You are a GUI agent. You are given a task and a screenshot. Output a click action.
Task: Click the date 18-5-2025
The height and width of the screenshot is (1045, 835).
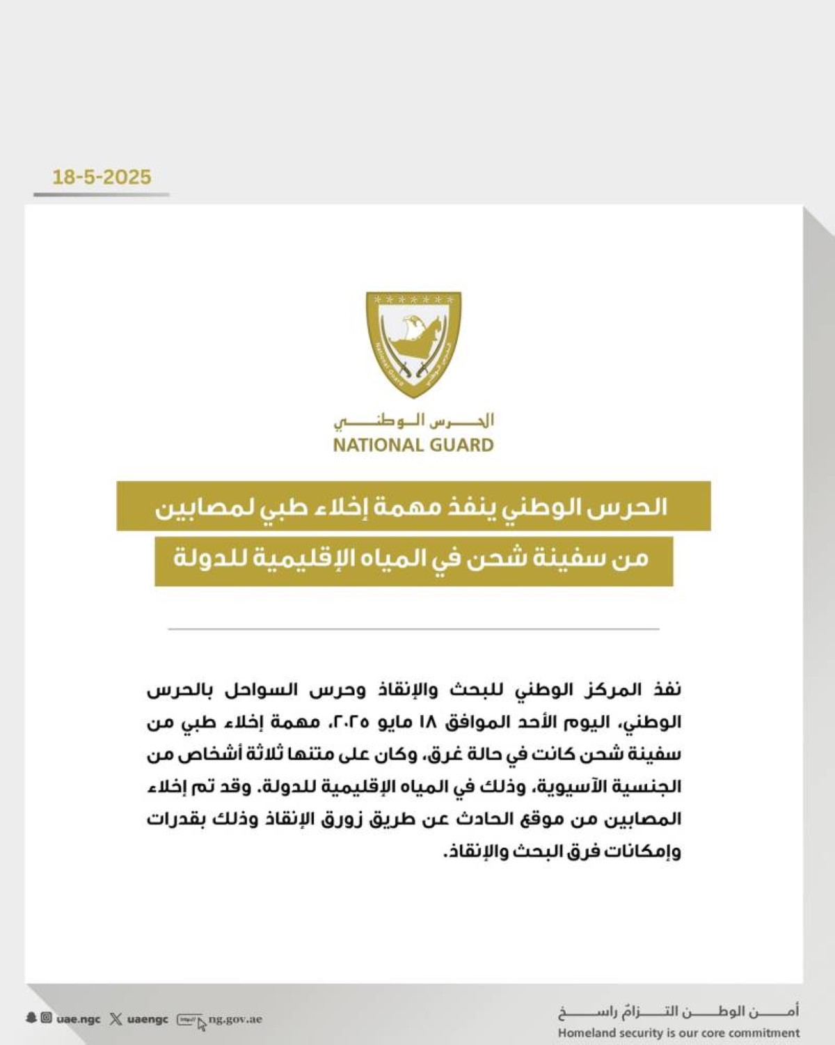point(102,177)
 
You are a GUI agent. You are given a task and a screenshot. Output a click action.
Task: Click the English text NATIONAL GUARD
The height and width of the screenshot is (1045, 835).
point(413,445)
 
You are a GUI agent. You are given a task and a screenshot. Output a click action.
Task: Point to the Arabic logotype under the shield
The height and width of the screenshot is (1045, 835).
point(413,421)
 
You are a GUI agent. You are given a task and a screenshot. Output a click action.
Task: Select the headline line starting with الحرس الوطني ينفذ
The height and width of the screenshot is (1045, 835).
point(413,506)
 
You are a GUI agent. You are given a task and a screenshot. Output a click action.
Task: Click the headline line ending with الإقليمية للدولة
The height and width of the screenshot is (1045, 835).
point(413,559)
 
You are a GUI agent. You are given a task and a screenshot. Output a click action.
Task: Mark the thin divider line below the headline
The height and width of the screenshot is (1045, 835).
point(413,629)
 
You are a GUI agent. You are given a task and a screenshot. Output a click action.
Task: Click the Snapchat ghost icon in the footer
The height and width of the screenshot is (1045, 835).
point(31,1018)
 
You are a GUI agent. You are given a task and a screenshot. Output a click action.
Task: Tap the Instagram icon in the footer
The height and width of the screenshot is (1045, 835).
point(46,1018)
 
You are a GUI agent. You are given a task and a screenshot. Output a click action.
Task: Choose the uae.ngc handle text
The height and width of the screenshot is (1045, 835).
point(79,1019)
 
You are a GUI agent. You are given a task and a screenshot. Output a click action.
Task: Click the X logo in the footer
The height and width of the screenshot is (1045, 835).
point(116,1019)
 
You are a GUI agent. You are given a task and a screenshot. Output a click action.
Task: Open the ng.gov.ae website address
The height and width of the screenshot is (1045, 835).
point(235,1019)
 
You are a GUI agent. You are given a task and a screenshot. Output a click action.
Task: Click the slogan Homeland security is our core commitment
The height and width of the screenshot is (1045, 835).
point(678,1033)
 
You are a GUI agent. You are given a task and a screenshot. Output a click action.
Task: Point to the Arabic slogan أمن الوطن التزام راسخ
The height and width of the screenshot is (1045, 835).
point(678,1012)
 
